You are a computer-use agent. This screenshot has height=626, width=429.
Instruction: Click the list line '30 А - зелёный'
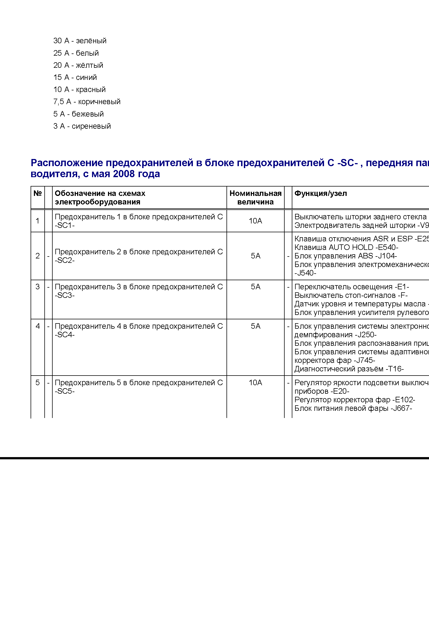80,41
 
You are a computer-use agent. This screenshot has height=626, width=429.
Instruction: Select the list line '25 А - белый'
76,53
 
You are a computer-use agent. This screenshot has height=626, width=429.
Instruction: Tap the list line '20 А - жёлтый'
78,65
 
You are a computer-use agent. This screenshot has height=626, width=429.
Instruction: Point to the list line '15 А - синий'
75,77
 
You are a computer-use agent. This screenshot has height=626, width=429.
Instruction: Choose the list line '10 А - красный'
79,90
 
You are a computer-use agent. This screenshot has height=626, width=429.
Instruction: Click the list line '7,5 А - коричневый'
87,102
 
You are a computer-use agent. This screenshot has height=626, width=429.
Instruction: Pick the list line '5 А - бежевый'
78,114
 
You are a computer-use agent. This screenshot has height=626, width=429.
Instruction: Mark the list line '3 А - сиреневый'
82,126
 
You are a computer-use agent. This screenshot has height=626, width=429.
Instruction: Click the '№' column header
37,193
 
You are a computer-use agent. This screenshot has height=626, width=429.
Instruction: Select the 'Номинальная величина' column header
255,198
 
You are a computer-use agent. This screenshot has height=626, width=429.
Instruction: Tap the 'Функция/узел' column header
320,193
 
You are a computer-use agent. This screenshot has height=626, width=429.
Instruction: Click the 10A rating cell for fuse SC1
255,221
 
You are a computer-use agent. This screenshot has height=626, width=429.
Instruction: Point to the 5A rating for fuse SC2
255,256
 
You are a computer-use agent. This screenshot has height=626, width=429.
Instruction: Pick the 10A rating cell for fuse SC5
255,383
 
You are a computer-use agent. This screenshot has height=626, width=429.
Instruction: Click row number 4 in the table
38,326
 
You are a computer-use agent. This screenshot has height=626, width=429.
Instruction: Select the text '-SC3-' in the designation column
65,295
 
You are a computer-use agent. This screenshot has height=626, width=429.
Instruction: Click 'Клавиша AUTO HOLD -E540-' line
346,247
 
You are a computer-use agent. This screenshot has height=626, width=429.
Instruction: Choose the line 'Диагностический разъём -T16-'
349,369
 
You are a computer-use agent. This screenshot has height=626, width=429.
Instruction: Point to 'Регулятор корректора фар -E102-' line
355,400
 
